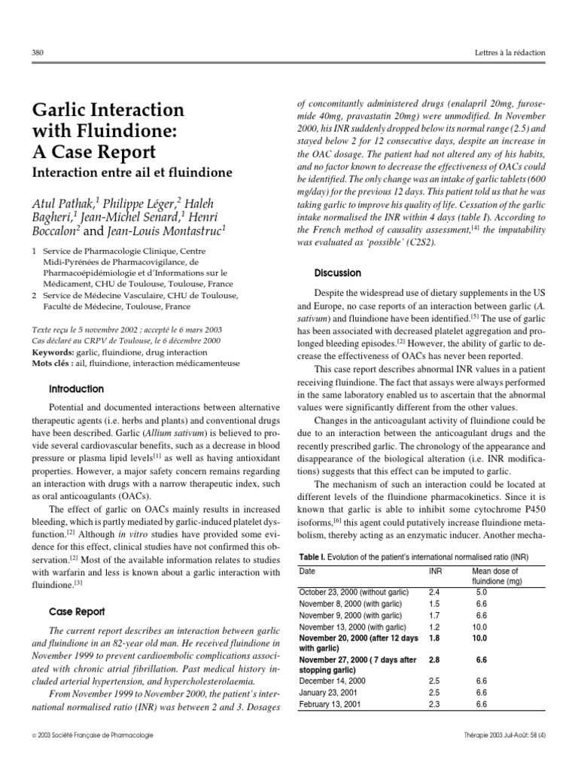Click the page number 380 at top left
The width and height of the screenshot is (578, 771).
[38, 53]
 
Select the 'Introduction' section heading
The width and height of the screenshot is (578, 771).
[76, 389]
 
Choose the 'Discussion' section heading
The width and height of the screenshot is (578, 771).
[338, 273]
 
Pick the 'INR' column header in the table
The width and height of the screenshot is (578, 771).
[435, 571]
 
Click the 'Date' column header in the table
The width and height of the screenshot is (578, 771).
[308, 571]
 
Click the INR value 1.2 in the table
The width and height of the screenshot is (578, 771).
[434, 626]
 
